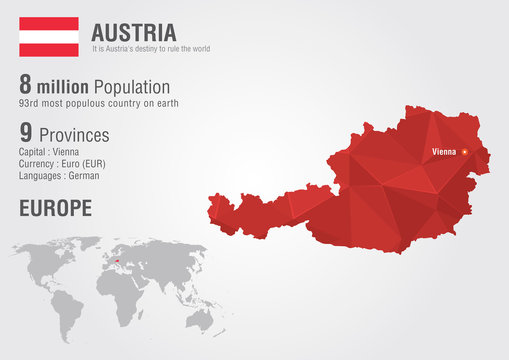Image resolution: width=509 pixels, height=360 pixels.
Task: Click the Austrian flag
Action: tap(49, 36)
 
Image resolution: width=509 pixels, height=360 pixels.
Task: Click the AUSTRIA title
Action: tap(133, 31)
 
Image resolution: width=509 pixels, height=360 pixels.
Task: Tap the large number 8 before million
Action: tap(26, 86)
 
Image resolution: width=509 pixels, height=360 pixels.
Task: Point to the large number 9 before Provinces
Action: tap(26, 133)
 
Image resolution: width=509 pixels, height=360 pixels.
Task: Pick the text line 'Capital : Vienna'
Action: tap(50, 151)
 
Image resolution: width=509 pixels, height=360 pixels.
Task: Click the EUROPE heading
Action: tap(55, 208)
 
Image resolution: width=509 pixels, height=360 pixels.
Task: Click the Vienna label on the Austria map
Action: tap(442, 152)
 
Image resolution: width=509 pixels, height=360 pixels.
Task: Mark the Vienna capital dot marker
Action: tap(464, 152)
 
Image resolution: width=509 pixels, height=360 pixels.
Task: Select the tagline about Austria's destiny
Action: tap(150, 49)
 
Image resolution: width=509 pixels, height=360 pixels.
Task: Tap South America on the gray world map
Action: tap(68, 305)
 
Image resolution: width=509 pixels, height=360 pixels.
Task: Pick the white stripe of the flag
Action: tap(49, 36)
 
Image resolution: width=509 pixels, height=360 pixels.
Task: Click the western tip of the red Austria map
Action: tap(211, 209)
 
